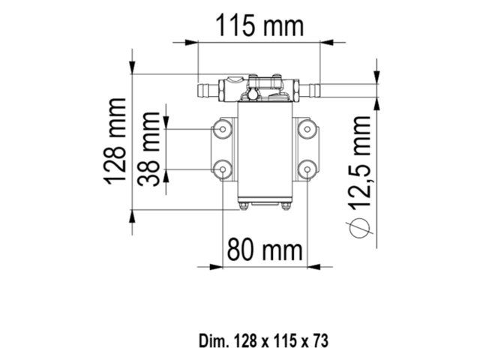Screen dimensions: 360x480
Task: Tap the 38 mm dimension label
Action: coord(151,150)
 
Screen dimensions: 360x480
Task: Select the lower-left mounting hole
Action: coord(222,169)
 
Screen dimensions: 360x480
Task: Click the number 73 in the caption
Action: coord(320,340)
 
